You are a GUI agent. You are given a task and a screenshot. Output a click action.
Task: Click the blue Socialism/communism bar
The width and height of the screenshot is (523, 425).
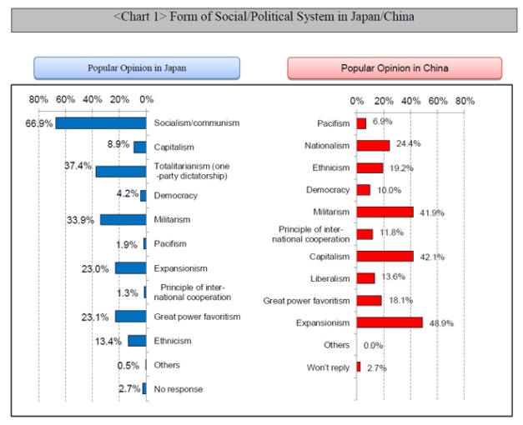(x=101, y=122)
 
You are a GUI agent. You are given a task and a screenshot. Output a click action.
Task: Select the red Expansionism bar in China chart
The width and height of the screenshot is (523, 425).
(x=389, y=322)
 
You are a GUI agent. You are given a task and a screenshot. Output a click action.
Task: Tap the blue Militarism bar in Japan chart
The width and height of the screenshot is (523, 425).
(x=123, y=220)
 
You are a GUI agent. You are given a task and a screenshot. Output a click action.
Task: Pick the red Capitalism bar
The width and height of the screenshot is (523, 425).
(x=385, y=256)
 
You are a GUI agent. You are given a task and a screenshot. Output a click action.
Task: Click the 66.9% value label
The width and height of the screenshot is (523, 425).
(x=39, y=122)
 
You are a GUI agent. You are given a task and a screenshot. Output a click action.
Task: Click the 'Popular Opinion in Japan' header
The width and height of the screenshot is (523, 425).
(x=137, y=67)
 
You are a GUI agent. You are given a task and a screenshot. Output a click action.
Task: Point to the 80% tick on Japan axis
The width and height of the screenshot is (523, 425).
(x=38, y=100)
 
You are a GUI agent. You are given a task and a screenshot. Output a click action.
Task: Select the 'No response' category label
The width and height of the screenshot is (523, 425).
(x=178, y=389)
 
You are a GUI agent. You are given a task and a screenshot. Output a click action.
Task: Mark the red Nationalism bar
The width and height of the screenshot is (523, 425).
(x=373, y=145)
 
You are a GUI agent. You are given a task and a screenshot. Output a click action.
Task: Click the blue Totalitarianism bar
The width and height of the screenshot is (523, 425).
(x=121, y=171)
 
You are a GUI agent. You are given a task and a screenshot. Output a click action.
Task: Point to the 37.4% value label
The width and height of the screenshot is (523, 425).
(x=78, y=166)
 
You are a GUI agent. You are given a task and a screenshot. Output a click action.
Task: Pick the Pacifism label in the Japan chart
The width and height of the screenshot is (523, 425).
(x=170, y=243)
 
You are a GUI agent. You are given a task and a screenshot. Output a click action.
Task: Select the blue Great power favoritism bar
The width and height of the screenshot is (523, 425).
(x=131, y=317)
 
